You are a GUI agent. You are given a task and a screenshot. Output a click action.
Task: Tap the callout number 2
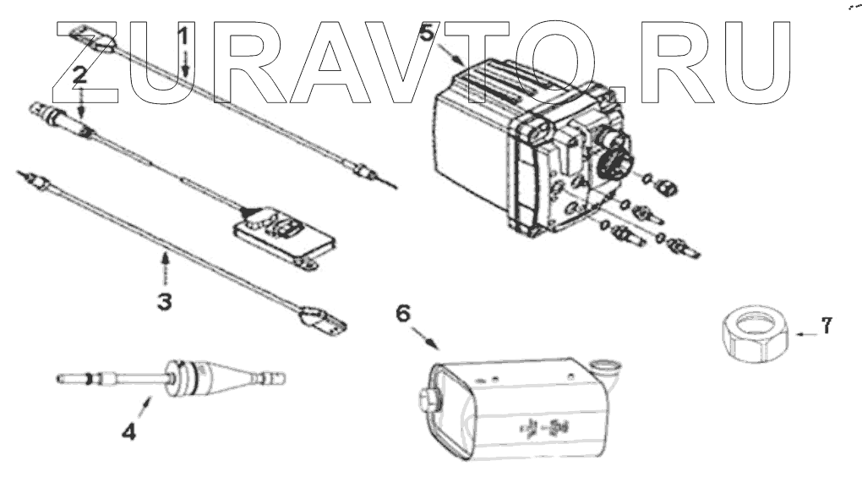(x=79, y=74)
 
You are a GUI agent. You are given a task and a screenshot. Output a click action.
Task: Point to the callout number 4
(x=128, y=431)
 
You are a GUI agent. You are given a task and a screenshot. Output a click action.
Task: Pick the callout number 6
(x=403, y=313)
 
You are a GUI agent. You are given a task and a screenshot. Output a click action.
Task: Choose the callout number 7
(x=827, y=324)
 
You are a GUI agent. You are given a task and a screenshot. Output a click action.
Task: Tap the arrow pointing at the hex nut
(x=805, y=336)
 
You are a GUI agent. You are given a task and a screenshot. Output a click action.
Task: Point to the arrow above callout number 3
(x=166, y=269)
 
